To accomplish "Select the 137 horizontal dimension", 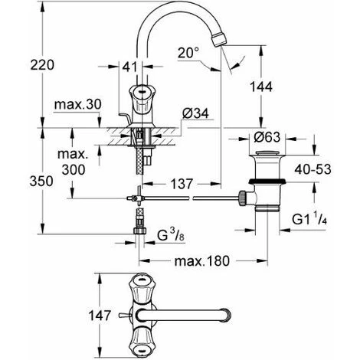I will coord(182,185).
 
